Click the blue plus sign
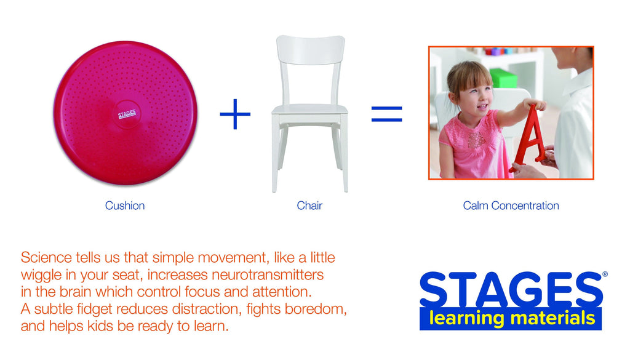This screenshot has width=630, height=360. click(235, 114)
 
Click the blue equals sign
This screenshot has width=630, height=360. click(386, 114)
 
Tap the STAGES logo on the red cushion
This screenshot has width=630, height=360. click(126, 114)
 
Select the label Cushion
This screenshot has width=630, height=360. click(125, 206)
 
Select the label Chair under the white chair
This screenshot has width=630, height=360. click(309, 206)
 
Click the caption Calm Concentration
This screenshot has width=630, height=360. click(511, 206)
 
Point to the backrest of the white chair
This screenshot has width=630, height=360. click(309, 49)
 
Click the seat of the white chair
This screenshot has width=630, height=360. click(309, 110)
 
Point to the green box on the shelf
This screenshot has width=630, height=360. click(503, 78)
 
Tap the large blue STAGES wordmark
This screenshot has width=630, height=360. click(510, 290)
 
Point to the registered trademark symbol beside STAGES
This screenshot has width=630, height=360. click(605, 275)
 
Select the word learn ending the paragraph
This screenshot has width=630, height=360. click(210, 326)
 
